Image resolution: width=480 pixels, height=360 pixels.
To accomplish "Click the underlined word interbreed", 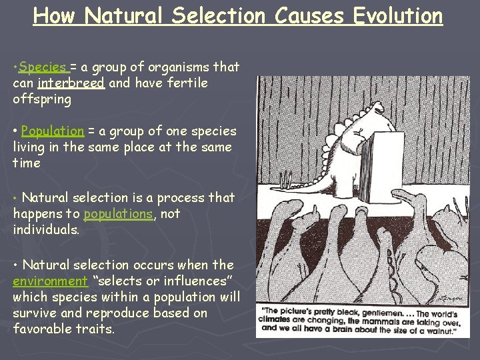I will point(71,83).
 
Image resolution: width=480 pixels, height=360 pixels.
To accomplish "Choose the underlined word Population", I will point(53,131).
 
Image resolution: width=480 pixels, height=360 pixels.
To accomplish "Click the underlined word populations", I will point(118,214).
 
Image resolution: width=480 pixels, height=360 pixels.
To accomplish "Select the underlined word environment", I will point(50,281).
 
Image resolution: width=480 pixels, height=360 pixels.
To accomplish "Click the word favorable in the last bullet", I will point(42,329).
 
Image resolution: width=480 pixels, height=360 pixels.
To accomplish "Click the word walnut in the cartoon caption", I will point(441,328).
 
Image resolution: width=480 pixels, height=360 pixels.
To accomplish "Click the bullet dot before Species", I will point(15,67).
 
